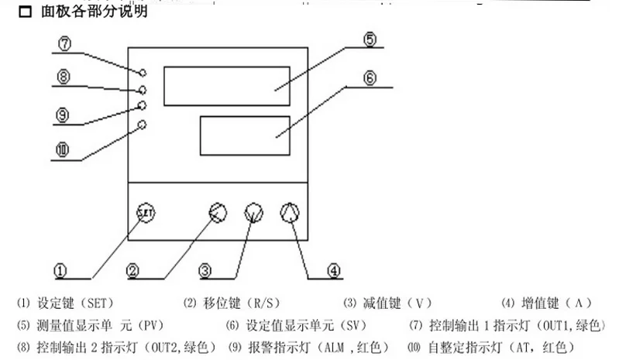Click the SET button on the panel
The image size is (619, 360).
pyautogui.click(x=146, y=213)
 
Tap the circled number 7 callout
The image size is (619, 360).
pyautogui.click(x=65, y=43)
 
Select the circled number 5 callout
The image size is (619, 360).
pyautogui.click(x=370, y=39)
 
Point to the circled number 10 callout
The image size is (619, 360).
pyautogui.click(x=63, y=150)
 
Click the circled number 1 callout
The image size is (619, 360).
pyautogui.click(x=60, y=270)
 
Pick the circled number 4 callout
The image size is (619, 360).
pyautogui.click(x=334, y=270)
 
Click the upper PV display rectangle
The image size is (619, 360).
pyautogui.click(x=227, y=87)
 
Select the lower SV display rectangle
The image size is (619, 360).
pyautogui.click(x=245, y=135)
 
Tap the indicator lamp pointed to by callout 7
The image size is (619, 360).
pyautogui.click(x=143, y=73)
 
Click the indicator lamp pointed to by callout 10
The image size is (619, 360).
pyautogui.click(x=142, y=125)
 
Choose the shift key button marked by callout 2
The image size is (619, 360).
pyautogui.click(x=218, y=213)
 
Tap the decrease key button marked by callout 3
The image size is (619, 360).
pyautogui.click(x=254, y=213)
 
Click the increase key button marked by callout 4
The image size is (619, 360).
pyautogui.click(x=290, y=213)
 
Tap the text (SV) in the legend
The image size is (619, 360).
pyautogui.click(x=352, y=326)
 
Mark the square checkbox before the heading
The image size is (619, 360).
pyautogui.click(x=26, y=12)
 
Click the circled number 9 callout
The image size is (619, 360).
pyautogui.click(x=63, y=115)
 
